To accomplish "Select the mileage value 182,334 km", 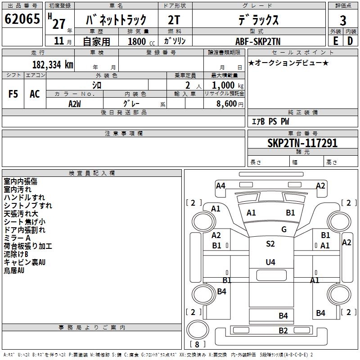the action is pos(53,65).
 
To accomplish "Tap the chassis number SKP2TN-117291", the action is pos(302,144).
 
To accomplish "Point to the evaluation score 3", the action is pos(343,21).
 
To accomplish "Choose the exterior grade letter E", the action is pos(336,41).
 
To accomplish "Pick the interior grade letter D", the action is pos(350,41).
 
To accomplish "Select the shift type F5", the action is pos(13,94).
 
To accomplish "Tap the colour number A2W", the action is pos(75,103).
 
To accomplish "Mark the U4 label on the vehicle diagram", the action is pos(270,262).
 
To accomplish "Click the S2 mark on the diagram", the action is pos(270,244).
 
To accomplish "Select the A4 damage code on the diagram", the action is pos(220,185).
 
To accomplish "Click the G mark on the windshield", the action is pos(284,229).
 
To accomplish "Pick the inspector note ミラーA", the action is pos(17,238).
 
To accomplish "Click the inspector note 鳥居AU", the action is pos(14,270).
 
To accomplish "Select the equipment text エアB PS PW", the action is pos(270,121).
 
